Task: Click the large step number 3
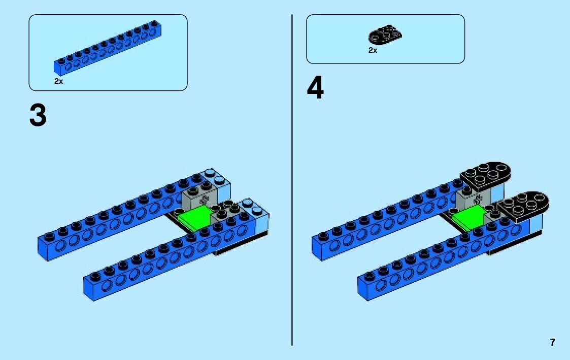(x=38, y=115)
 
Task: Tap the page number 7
(x=552, y=342)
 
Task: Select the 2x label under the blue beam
(x=59, y=81)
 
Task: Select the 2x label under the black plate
(x=373, y=50)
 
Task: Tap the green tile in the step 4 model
(x=468, y=219)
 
